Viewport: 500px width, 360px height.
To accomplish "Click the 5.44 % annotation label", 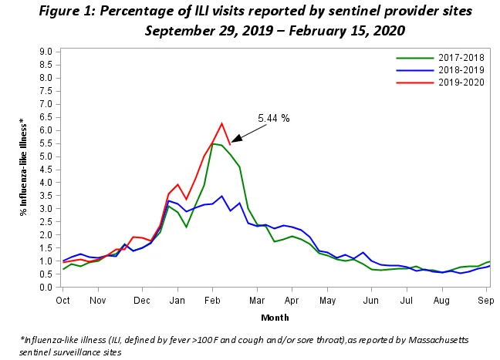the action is pyautogui.click(x=274, y=119).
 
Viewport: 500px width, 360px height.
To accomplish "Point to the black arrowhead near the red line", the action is pyautogui.click(x=236, y=139).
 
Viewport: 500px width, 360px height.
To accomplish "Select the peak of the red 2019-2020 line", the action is pyautogui.click(x=221, y=123).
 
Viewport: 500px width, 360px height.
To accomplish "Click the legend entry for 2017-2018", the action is pyautogui.click(x=440, y=58).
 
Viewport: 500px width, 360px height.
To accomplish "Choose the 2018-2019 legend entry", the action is pyautogui.click(x=440, y=70).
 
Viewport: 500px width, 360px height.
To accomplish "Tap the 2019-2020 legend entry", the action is pyautogui.click(x=440, y=82).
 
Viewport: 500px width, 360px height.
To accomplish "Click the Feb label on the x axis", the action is pyautogui.click(x=212, y=301).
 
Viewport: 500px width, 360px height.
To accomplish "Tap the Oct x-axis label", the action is pyautogui.click(x=62, y=301).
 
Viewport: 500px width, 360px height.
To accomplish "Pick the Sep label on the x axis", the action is pyautogui.click(x=485, y=301).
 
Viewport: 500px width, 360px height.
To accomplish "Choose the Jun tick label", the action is pyautogui.click(x=371, y=301).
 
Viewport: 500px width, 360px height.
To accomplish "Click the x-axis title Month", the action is pyautogui.click(x=275, y=318).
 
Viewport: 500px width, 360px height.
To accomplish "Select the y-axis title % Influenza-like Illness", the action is pyautogui.click(x=23, y=167).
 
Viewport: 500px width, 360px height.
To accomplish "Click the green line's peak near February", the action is pyautogui.click(x=213, y=143).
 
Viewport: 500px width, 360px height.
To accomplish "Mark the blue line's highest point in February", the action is pyautogui.click(x=221, y=196).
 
